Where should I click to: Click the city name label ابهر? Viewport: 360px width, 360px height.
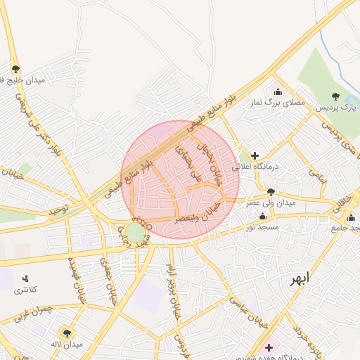[x=299, y=279]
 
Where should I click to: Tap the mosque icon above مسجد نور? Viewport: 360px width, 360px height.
[x=262, y=217]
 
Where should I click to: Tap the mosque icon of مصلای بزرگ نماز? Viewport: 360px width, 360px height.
[x=278, y=91]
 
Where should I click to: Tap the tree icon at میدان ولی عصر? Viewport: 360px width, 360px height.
[x=271, y=191]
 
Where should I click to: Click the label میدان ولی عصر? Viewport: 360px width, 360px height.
[x=270, y=202]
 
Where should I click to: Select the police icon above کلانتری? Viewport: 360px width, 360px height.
[x=26, y=278]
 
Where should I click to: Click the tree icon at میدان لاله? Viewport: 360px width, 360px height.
[x=67, y=333]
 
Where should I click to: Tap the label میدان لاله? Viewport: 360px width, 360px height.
[x=67, y=345]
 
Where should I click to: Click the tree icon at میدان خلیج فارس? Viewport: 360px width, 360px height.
[x=15, y=69]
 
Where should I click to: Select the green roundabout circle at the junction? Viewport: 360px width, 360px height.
[x=136, y=231]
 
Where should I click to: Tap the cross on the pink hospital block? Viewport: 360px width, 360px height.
[x=269, y=347]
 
